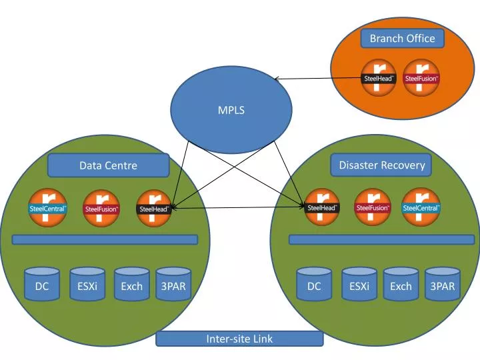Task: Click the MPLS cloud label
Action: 231,110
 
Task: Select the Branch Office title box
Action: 402,39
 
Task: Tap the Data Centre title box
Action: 109,165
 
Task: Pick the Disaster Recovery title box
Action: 381,165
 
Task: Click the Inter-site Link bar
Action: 239,339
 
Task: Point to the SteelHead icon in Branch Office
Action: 379,78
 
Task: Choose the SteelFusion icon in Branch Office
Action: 421,78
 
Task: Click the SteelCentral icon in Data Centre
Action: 47,208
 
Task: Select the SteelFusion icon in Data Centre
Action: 101,209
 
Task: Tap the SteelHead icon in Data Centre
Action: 153,209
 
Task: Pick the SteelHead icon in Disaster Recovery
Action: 321,207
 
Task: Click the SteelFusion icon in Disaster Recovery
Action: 372,207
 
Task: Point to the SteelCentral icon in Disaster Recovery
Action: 421,207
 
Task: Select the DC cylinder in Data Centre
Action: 42,284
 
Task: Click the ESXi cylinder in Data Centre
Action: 87,284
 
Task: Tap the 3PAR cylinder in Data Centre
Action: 173,284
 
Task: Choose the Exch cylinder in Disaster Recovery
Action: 401,284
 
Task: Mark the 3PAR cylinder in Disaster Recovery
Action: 443,284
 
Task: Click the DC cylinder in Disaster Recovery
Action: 314,284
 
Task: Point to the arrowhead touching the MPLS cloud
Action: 277,79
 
